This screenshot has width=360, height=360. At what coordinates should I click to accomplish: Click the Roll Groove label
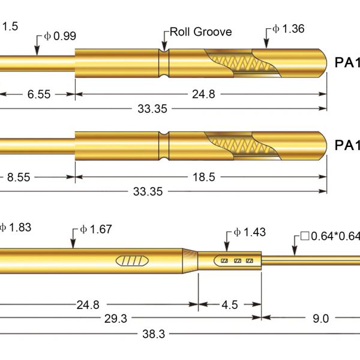(x=201, y=32)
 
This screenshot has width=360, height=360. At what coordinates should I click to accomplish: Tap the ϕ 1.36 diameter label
(x=289, y=29)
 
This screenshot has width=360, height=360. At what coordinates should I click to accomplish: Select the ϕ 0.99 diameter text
(x=60, y=36)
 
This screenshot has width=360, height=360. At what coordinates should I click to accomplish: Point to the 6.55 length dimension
(x=39, y=94)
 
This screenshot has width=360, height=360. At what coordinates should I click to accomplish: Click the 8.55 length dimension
(x=19, y=177)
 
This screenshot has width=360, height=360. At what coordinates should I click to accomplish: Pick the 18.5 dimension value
(x=204, y=177)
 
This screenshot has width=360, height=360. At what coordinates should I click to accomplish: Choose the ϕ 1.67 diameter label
(x=96, y=229)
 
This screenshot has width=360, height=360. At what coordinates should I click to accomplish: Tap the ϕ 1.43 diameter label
(x=250, y=232)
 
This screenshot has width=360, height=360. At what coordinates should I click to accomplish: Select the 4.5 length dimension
(x=230, y=305)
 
